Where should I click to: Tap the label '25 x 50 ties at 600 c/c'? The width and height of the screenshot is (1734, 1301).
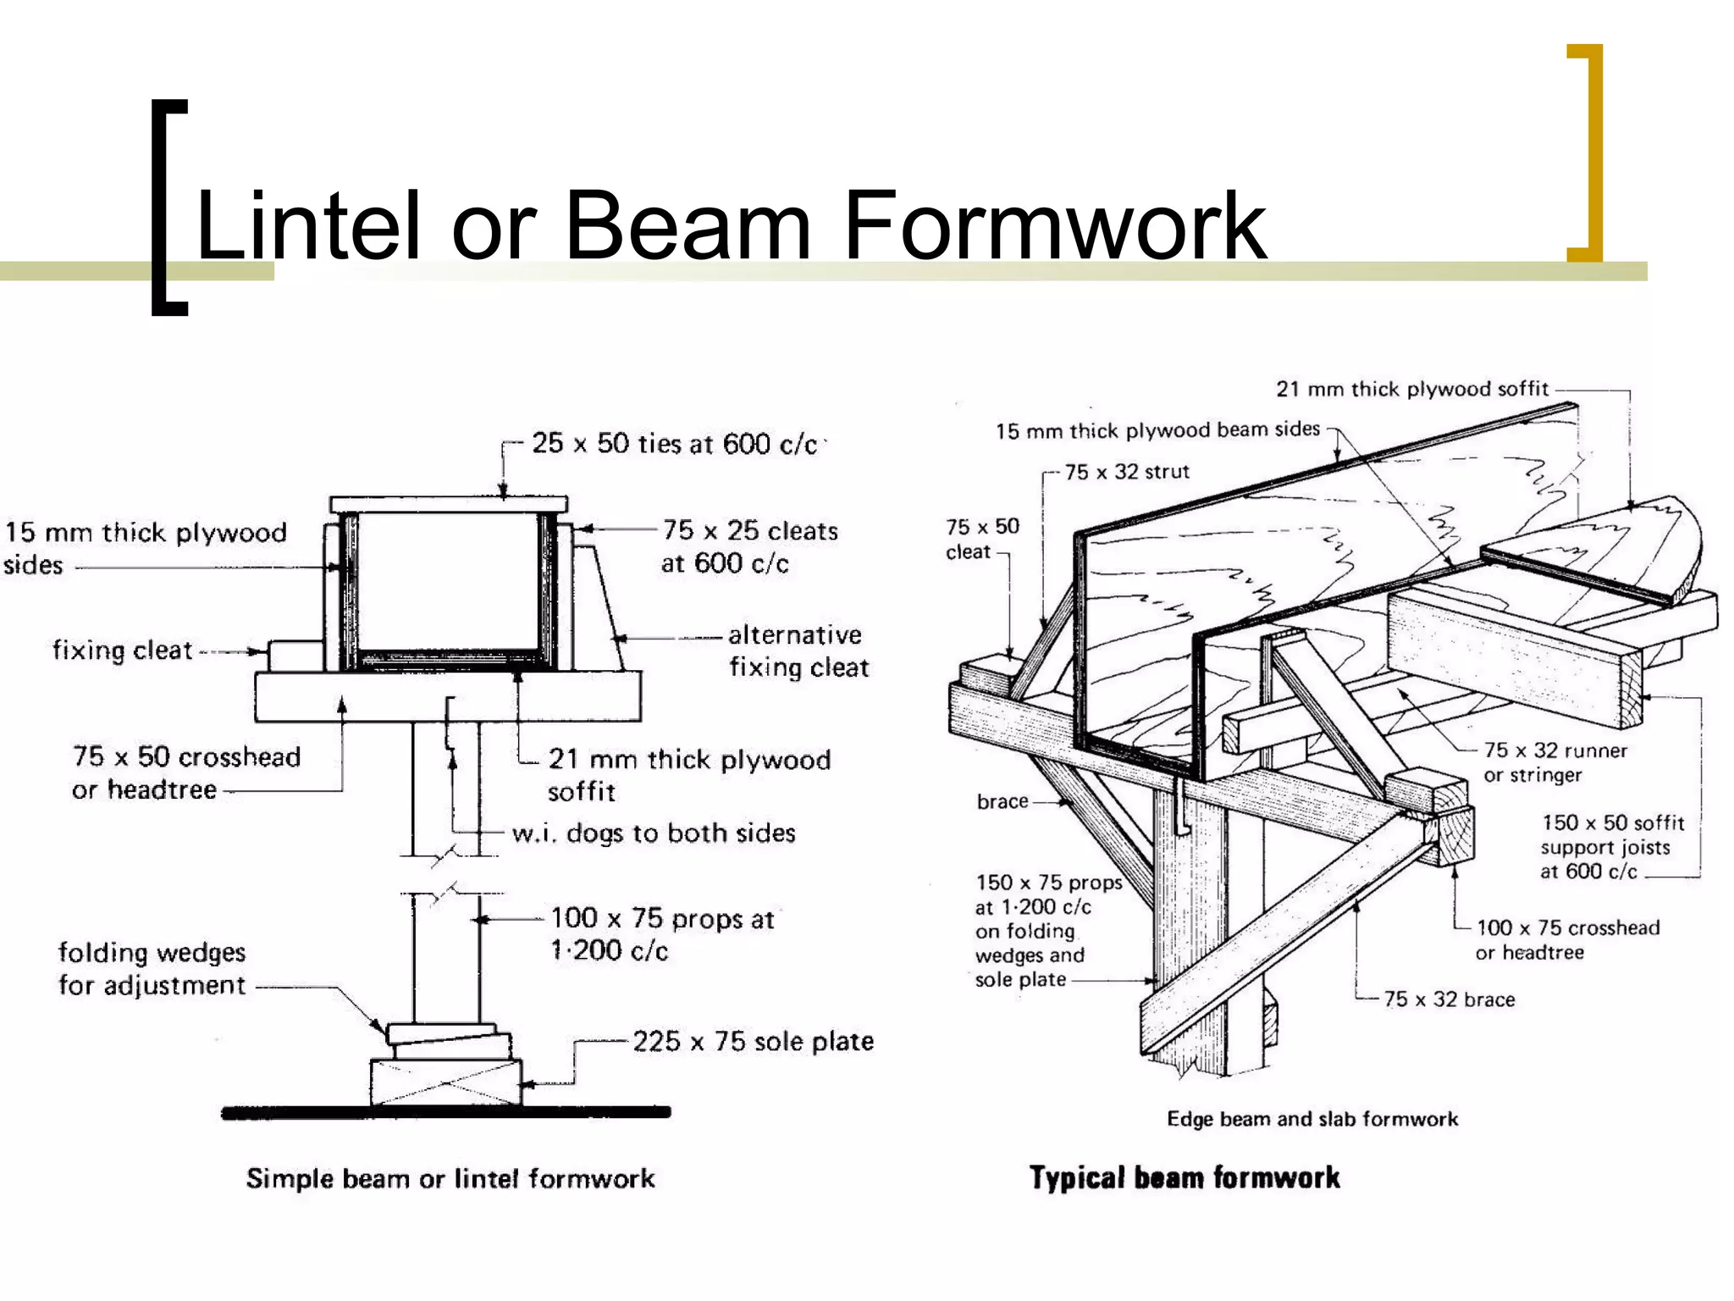tap(674, 444)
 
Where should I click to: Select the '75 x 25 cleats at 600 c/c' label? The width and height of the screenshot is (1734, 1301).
tap(748, 546)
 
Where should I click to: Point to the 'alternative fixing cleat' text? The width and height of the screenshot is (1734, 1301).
tap(798, 650)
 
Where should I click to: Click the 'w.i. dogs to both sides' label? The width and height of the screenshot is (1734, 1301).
tap(654, 833)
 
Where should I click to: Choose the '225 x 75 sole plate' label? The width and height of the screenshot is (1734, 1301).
tap(753, 1041)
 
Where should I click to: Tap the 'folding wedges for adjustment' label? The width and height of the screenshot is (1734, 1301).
tap(152, 969)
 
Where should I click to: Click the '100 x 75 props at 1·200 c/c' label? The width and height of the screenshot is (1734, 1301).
tap(662, 934)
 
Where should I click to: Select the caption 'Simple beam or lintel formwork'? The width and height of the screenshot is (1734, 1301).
tap(450, 1178)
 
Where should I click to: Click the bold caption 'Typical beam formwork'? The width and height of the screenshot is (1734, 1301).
tap(1185, 1177)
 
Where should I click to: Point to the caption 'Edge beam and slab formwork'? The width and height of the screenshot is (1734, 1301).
tap(1312, 1119)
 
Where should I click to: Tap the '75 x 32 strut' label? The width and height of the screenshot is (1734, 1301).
tap(1126, 472)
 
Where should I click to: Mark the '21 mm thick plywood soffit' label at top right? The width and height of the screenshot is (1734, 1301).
tap(1411, 390)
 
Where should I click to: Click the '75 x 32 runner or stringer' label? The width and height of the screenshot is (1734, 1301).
tap(1555, 762)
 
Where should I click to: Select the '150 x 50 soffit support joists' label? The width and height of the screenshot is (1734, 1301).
tap(1611, 846)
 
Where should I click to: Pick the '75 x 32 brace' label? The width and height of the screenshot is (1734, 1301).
tap(1449, 999)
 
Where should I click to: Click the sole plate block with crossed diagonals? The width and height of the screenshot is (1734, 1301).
tap(446, 1082)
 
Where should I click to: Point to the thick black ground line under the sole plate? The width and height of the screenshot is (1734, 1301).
tap(446, 1112)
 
